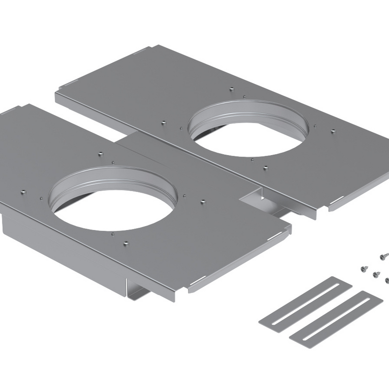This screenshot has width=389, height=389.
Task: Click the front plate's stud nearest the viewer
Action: click(x=126, y=242)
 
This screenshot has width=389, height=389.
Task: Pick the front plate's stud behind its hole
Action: click(x=99, y=154)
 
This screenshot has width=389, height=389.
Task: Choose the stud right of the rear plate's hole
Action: click(x=333, y=131)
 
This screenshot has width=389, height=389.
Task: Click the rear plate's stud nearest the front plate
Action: click(x=265, y=168)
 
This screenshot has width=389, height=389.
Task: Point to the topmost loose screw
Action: click(x=383, y=254)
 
